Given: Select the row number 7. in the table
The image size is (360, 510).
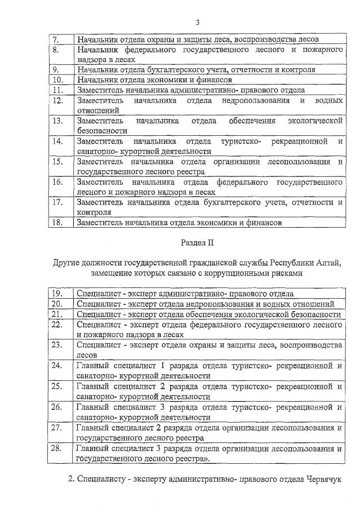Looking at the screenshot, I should [56, 40].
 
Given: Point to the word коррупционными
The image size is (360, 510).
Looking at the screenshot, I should [234, 273].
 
